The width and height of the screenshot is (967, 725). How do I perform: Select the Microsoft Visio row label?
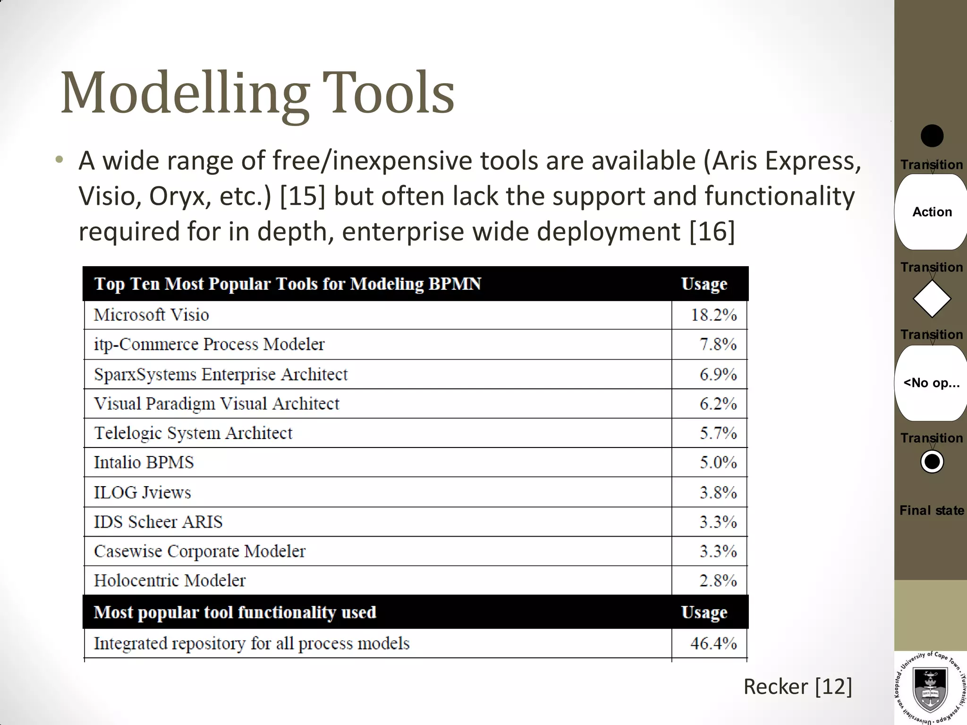tap(151, 315)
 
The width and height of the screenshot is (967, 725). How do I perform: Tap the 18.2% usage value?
tap(713, 315)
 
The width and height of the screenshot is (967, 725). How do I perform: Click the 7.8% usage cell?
tap(718, 344)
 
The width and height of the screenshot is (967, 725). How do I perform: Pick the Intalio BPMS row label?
tap(144, 462)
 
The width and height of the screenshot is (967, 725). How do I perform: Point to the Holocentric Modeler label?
tap(170, 580)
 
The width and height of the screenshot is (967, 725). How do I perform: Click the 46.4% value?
tap(713, 643)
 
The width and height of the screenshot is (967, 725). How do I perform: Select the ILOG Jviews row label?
tap(142, 492)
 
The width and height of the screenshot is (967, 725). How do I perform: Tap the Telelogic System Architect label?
tap(193, 433)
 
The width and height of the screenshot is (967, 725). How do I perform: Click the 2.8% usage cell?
tap(718, 580)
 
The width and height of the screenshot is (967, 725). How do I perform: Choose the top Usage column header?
tap(704, 284)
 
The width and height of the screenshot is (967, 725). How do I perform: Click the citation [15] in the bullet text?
tap(303, 196)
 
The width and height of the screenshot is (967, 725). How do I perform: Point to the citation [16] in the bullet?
tap(712, 231)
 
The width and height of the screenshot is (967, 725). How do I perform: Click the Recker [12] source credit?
tap(797, 686)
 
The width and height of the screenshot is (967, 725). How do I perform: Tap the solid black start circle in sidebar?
tap(932, 136)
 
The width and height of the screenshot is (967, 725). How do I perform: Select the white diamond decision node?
tap(932, 299)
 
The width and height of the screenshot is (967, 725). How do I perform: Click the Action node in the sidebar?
tap(932, 212)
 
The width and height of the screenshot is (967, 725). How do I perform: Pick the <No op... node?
tap(931, 383)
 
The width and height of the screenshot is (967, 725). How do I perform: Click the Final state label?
tap(932, 510)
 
